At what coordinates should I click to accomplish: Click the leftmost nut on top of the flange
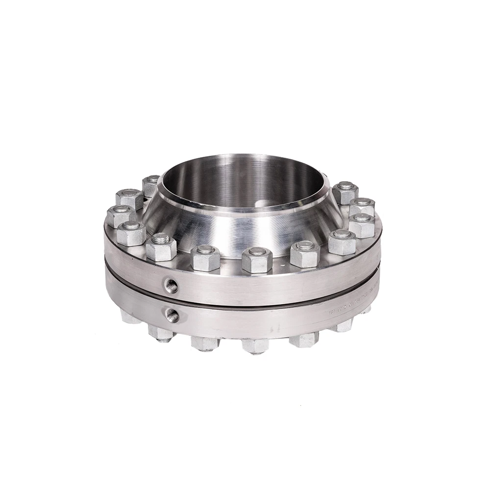pyautogui.click(x=120, y=215)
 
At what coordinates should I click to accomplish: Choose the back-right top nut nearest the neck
pyautogui.click(x=345, y=192)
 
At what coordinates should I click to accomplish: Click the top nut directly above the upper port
pyautogui.click(x=161, y=246)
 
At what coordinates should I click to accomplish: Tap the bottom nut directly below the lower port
pyautogui.click(x=161, y=333)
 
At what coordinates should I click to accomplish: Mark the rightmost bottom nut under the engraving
pyautogui.click(x=343, y=324)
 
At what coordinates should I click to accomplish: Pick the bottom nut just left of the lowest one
pyautogui.click(x=205, y=343)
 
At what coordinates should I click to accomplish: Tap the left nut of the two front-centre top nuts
pyautogui.click(x=205, y=258)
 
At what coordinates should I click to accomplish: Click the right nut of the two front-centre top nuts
pyautogui.click(x=256, y=260)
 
